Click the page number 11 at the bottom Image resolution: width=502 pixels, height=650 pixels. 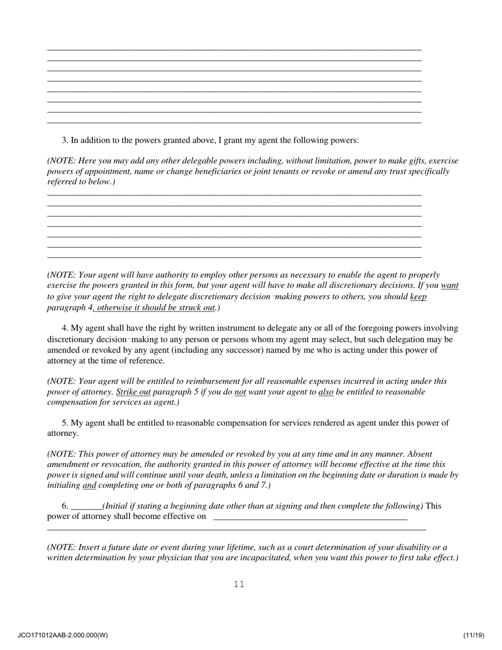click(239, 584)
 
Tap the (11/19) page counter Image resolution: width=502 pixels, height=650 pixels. click(474, 635)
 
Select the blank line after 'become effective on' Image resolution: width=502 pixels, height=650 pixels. click(310, 517)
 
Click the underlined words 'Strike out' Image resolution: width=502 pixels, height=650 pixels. click(133, 392)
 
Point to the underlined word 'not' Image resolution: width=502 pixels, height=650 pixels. click(240, 392)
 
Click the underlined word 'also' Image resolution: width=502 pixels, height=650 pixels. click(326, 392)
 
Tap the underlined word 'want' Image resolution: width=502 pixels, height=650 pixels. click(450, 285)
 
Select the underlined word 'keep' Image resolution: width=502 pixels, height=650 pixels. click(418, 296)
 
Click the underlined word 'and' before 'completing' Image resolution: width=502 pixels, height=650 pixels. click(89, 485)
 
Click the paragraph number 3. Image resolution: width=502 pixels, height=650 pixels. click(65, 140)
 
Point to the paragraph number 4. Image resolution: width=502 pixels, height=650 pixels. click(65, 328)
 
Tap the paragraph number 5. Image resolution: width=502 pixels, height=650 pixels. click(65, 423)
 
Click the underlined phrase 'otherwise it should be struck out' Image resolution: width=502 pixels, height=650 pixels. click(156, 308)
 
